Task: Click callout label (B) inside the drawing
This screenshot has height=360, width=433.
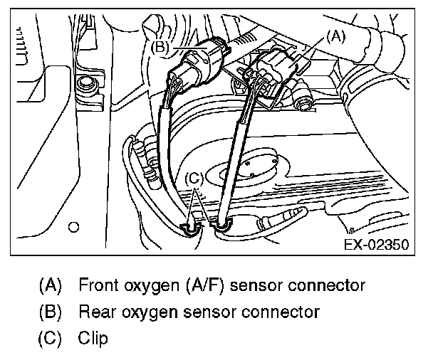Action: (x=160, y=47)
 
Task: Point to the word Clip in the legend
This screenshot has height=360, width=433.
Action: (x=93, y=338)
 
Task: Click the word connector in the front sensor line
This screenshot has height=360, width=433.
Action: (x=328, y=286)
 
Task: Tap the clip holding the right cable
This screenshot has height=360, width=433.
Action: (x=222, y=226)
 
